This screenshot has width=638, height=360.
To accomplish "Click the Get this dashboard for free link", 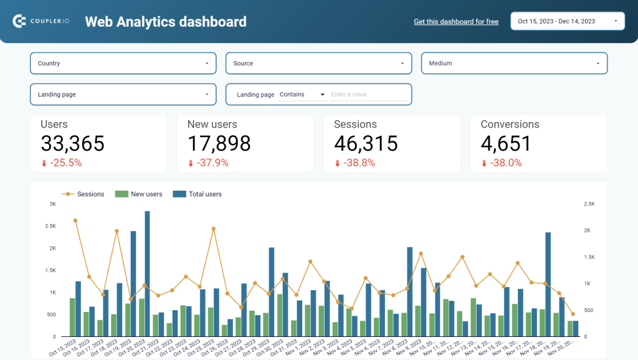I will point(456,21).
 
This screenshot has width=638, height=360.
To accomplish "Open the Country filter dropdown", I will point(123,63).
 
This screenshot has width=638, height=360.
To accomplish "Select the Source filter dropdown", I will point(318,63).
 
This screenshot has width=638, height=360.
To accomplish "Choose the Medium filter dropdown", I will point(514,63).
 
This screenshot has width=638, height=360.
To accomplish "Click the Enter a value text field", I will point(368,95).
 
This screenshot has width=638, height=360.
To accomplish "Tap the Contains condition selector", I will point(302,95).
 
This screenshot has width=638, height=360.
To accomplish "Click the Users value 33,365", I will point(72,144).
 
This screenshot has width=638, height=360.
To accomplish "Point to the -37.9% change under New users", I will point(212,163).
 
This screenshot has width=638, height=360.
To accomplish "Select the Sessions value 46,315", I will point(366,144).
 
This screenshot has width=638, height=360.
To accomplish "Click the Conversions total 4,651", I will point(506,144).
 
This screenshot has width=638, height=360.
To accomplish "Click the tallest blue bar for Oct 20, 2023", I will point(147,274).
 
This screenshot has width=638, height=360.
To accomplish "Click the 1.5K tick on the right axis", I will point(589,257).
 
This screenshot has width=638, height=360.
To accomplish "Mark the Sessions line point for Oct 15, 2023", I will point(75,220).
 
